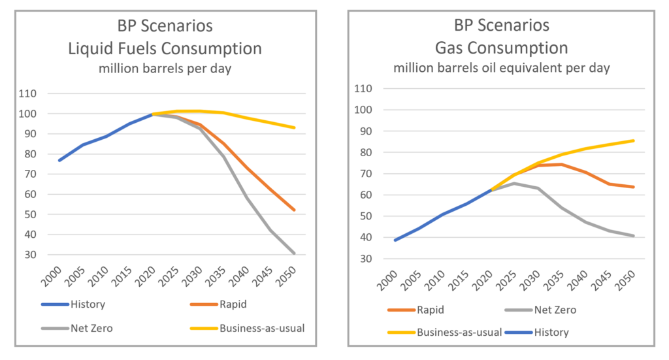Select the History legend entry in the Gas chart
pos(551,332)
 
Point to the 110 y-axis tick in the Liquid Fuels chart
pos(27,93)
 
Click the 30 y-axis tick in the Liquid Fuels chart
pos(30,255)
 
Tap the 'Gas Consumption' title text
pos(502,48)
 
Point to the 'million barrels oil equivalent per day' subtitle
pos(502,67)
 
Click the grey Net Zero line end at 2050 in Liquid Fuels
pos(294,253)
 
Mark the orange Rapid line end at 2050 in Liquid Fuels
pos(294,210)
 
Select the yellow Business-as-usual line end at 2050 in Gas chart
pos(634,140)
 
